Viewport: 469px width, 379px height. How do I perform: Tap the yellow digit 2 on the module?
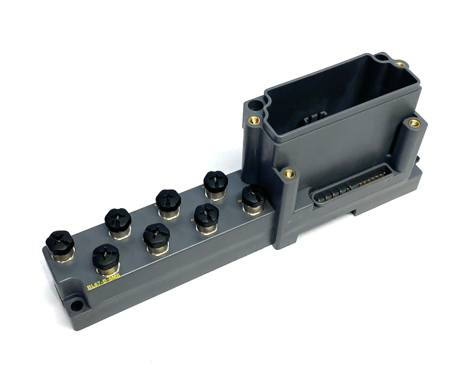click(192, 220)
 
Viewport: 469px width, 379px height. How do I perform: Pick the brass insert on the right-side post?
click(414, 123)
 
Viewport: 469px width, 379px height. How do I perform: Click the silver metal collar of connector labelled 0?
click(252, 208)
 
